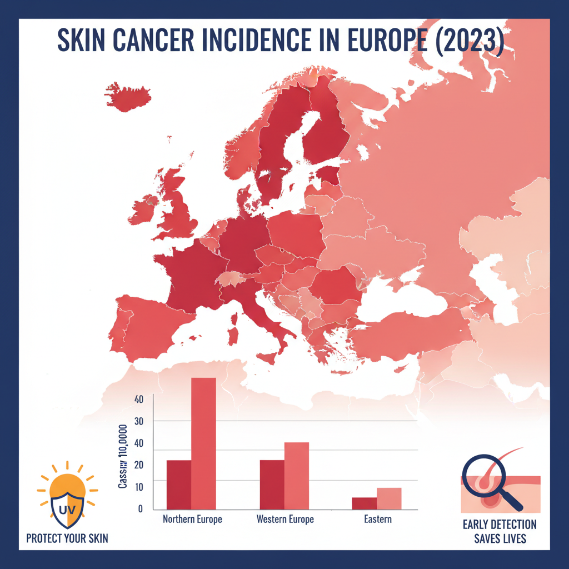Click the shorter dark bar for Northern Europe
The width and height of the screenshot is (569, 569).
tap(179, 484)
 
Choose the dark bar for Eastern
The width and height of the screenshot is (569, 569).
tap(365, 503)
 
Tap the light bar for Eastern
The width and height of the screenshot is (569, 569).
tap(389, 498)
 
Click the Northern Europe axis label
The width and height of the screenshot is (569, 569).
tap(192, 520)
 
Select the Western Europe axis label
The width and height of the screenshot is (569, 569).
tap(285, 520)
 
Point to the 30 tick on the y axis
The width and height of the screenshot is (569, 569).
tap(138, 421)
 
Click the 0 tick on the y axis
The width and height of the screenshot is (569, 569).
tap(141, 508)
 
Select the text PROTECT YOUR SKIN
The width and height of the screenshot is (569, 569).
tap(67, 538)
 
